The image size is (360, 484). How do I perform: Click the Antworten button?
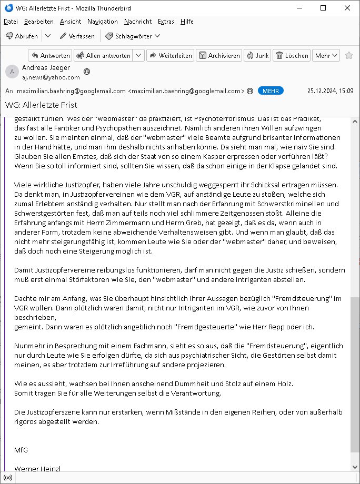click(50, 55)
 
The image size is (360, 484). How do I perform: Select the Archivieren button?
click(219, 55)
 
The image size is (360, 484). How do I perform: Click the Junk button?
click(257, 55)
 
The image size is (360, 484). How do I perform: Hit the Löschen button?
click(292, 55)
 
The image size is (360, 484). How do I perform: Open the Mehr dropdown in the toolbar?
click(326, 55)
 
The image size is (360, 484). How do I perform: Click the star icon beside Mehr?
click(349, 55)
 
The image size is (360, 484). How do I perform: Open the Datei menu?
click(11, 22)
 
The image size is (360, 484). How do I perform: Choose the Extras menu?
click(166, 22)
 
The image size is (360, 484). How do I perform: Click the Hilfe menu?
click(187, 22)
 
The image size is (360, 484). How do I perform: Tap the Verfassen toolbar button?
click(77, 36)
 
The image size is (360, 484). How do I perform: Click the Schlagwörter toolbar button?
click(133, 36)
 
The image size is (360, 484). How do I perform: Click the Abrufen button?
click(22, 36)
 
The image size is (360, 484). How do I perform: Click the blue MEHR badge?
click(271, 90)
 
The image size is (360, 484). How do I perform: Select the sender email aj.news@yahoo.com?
click(51, 77)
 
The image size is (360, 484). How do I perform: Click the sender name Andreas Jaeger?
click(46, 68)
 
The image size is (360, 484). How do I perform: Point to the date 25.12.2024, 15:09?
click(330, 90)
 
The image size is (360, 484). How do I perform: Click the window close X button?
click(347, 8)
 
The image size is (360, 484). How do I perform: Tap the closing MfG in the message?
click(21, 450)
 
